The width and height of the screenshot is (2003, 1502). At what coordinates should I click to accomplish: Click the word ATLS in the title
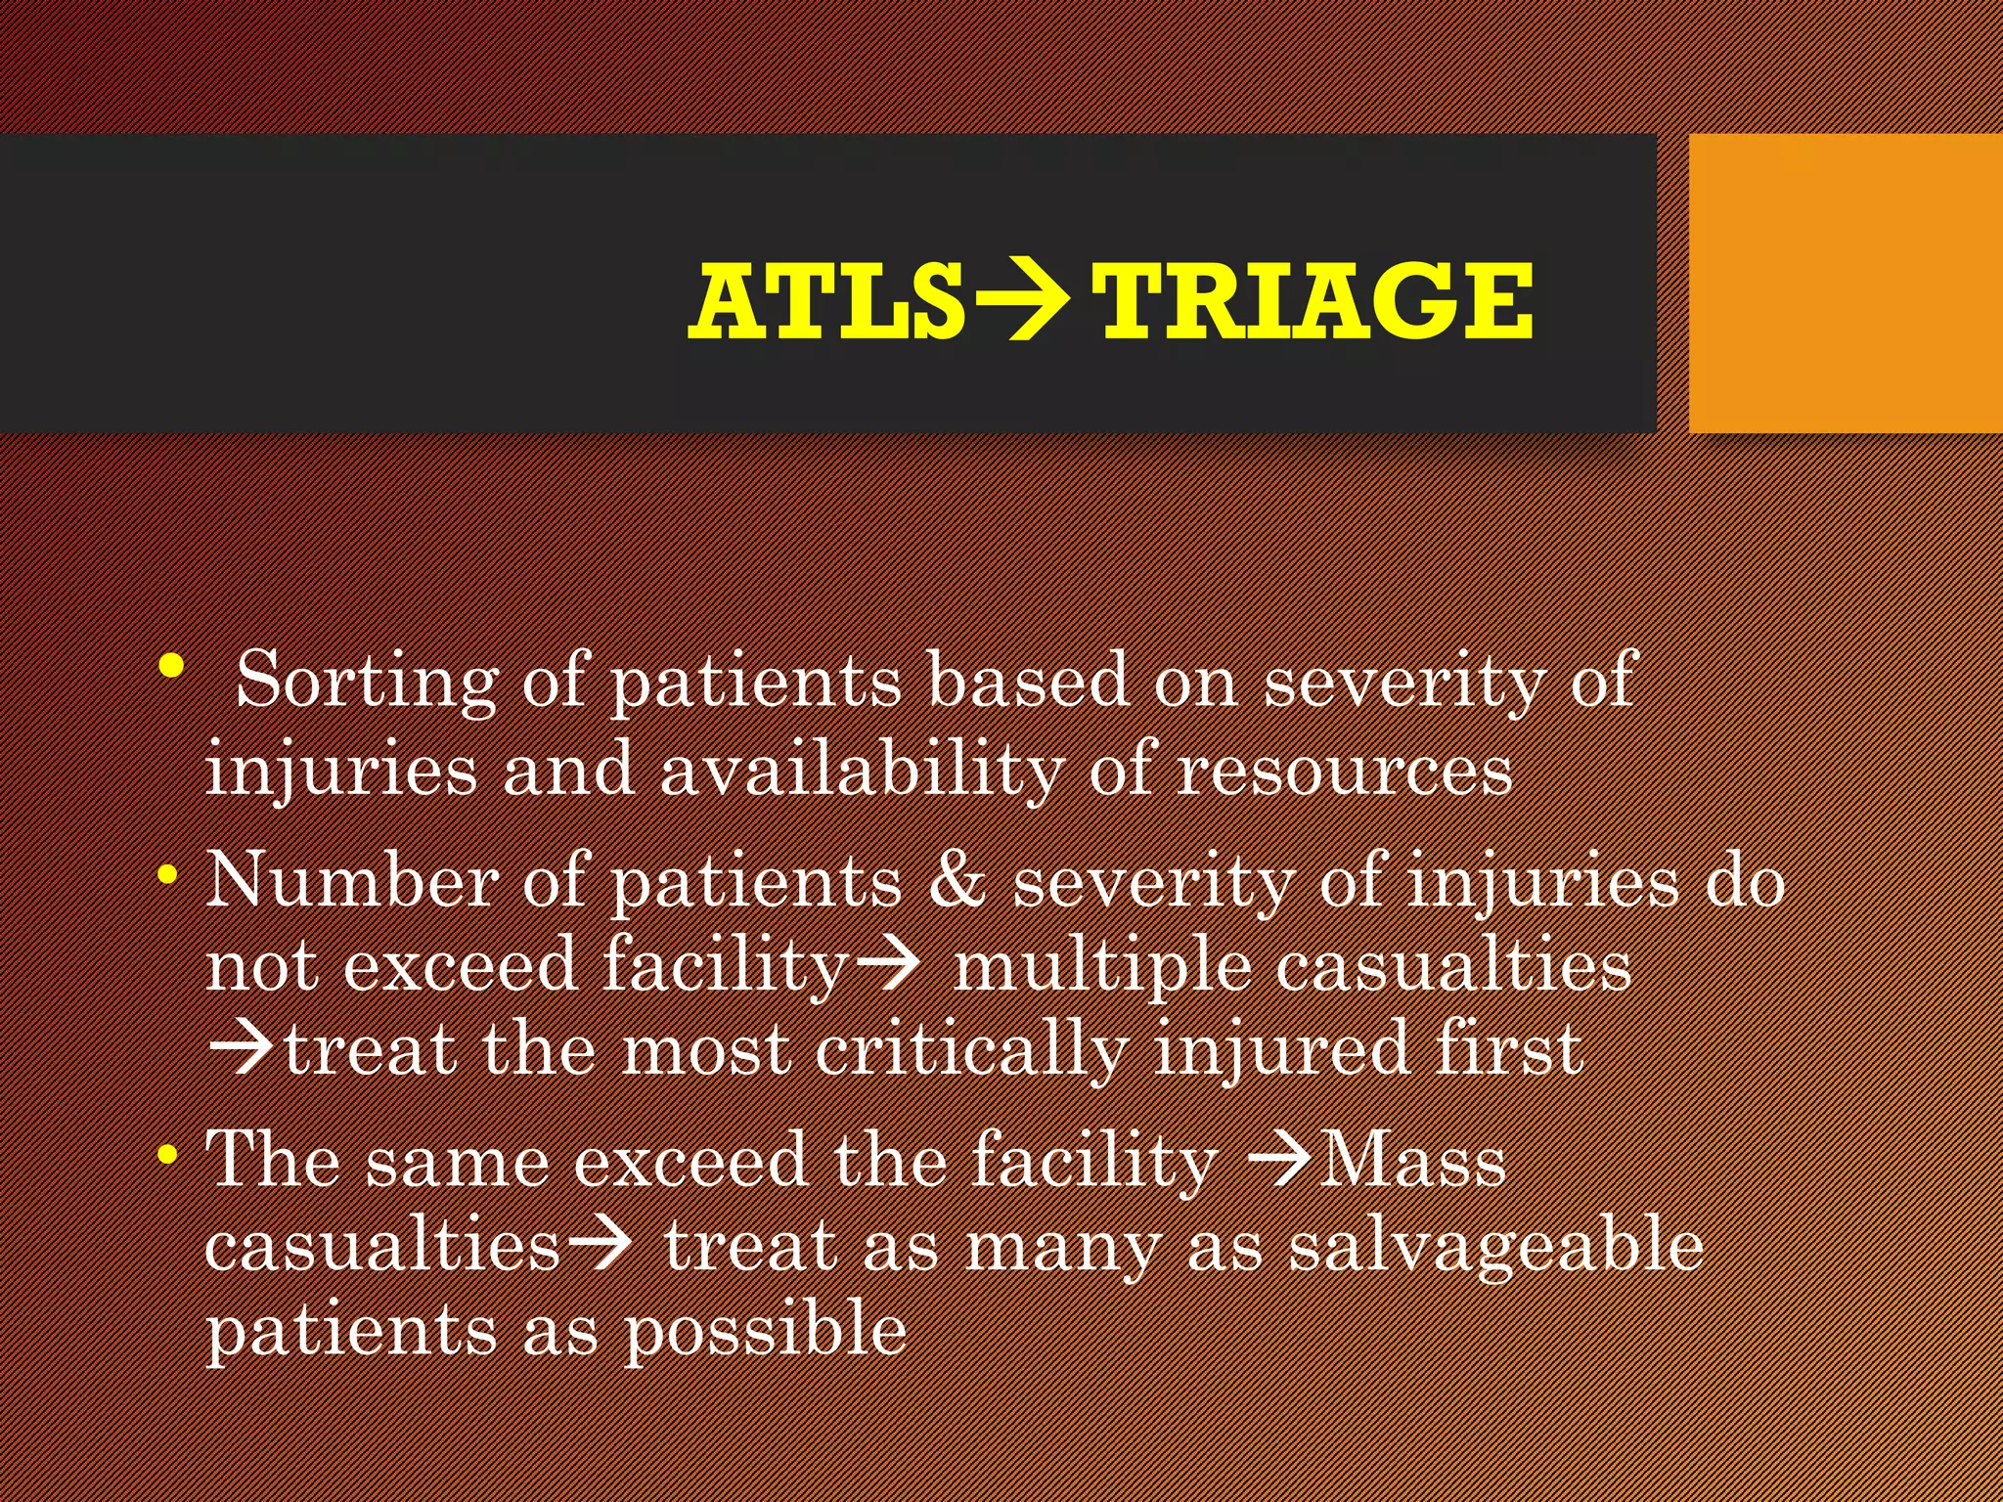pos(826,300)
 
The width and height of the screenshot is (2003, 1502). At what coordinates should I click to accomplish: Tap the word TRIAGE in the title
pos(1315,300)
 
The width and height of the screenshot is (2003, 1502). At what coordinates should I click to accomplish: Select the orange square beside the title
pos(1845,284)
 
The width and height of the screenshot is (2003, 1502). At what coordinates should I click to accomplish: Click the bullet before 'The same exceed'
pos(168,1155)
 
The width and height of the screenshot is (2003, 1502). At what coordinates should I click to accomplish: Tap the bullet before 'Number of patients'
pos(168,873)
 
